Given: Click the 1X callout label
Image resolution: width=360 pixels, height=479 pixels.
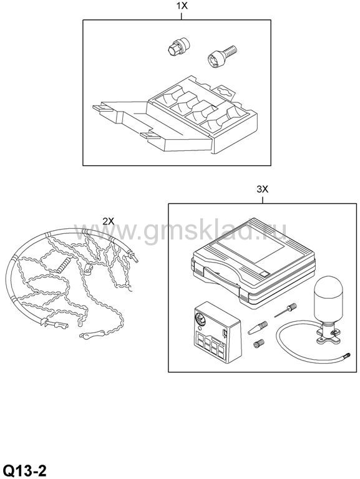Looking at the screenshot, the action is pos(182,6).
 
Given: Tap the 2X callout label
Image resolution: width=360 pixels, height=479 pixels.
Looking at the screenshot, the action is pos(109,221).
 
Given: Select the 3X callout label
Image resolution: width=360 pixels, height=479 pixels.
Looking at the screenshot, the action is pos(262,190).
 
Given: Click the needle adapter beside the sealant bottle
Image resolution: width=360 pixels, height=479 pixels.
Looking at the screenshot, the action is pos(286,310).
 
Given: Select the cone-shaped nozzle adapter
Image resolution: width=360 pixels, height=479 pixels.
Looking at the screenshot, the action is pos(258,328).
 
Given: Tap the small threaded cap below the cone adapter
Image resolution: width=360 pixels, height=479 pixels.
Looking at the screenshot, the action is pos(258,344).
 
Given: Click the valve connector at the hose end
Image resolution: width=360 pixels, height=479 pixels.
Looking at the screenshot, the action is pos(347,356).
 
